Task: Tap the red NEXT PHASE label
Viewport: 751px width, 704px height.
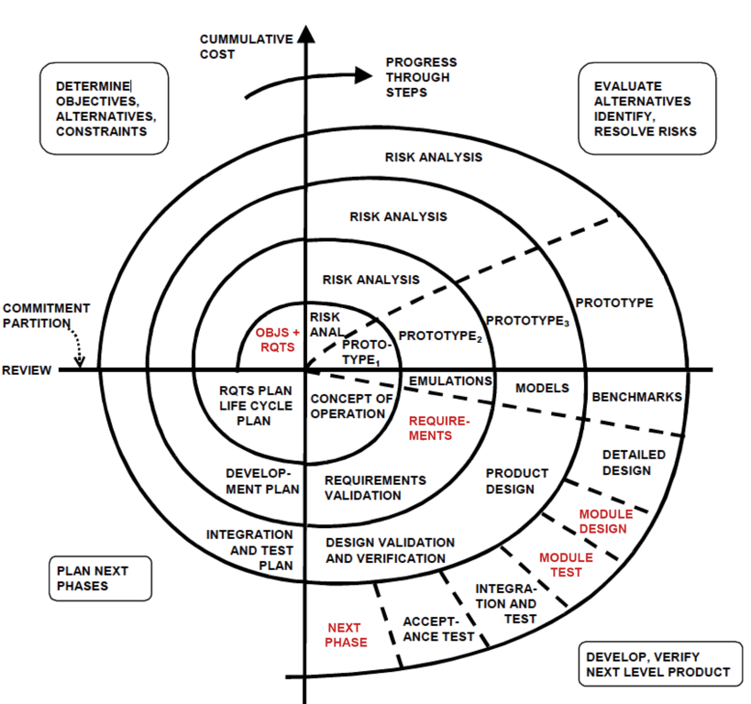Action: click(346, 634)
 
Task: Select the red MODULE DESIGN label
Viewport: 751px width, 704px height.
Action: click(602, 521)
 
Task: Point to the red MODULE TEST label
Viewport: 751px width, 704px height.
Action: click(566, 565)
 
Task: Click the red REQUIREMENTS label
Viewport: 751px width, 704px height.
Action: click(438, 427)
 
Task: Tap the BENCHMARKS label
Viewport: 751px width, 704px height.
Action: click(636, 397)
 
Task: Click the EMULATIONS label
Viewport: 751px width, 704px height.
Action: click(450, 380)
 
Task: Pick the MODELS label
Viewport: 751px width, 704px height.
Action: click(542, 388)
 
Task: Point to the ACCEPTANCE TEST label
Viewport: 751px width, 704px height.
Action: click(439, 628)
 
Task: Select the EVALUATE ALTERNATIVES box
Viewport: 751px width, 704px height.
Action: click(643, 108)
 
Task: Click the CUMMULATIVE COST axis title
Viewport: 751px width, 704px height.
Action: click(247, 47)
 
